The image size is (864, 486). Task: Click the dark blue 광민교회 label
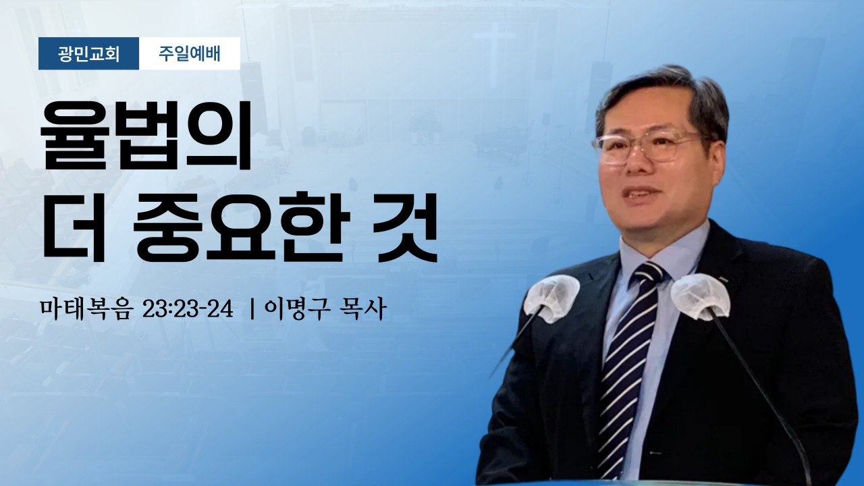click(x=88, y=53)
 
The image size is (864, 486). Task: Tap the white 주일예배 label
click(x=190, y=53)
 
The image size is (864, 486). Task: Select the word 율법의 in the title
click(x=146, y=135)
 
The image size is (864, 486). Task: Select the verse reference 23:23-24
click(x=188, y=309)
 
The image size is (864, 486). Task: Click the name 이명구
click(x=297, y=309)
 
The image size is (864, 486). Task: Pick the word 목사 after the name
click(x=363, y=309)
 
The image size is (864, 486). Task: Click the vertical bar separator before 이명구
click(x=252, y=309)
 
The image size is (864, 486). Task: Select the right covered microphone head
click(x=700, y=297)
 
